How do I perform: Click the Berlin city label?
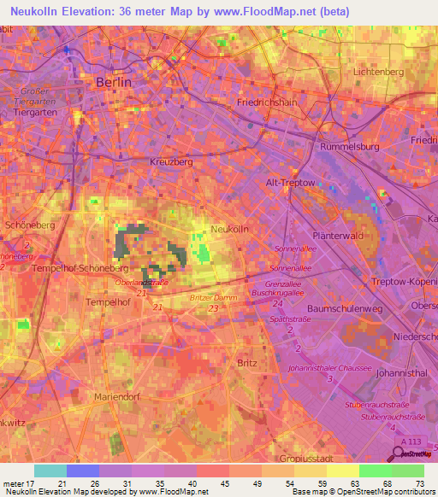[x=114, y=83]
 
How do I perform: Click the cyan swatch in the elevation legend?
[x=50, y=471]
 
